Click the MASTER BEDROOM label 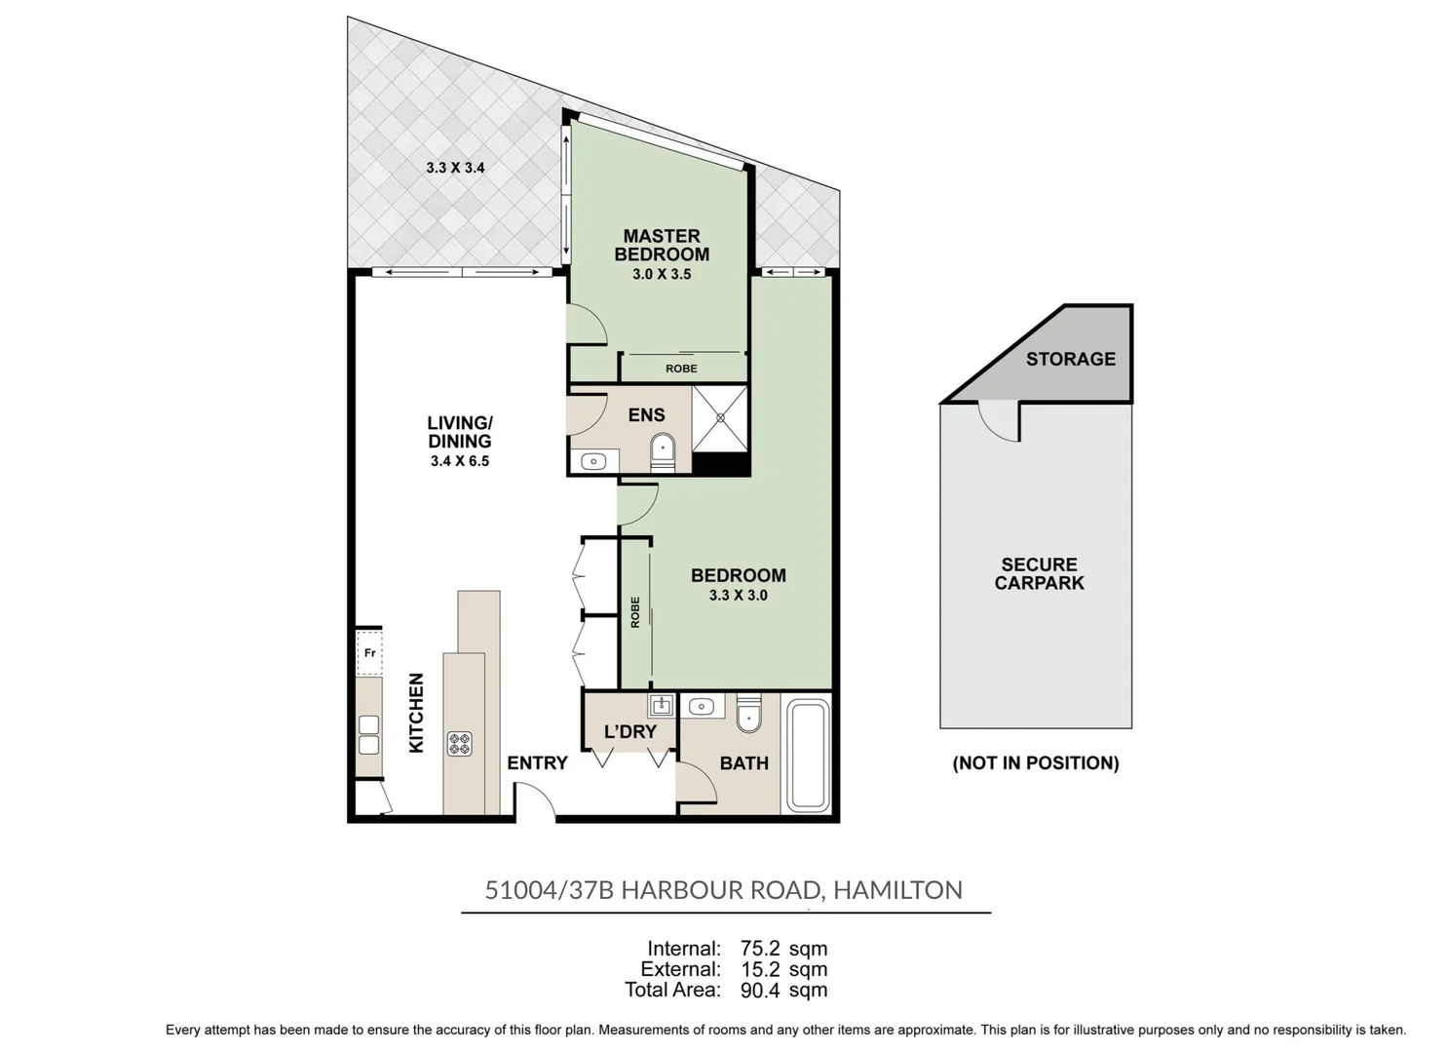click(x=662, y=245)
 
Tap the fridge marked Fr click(x=369, y=652)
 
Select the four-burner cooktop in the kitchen click(x=460, y=743)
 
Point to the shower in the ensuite click(x=719, y=418)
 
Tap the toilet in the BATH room click(x=749, y=714)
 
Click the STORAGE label click(x=1071, y=359)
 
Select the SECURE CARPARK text click(x=1039, y=573)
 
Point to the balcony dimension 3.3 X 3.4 click(x=455, y=168)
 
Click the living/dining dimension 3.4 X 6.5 click(x=460, y=461)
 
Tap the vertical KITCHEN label click(x=417, y=713)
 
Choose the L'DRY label click(x=630, y=731)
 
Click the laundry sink click(x=661, y=705)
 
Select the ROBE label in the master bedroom click(x=681, y=369)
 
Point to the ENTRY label click(x=537, y=763)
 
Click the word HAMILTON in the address click(x=897, y=890)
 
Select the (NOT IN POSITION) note click(x=1036, y=763)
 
